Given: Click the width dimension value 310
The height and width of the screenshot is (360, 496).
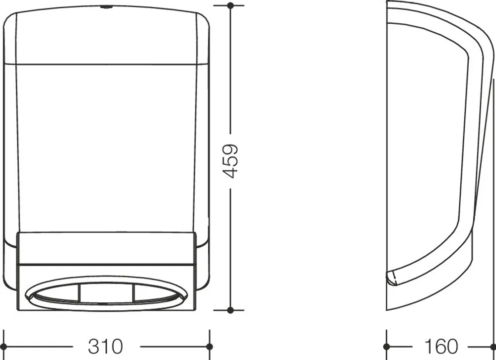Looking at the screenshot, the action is pos(105,347).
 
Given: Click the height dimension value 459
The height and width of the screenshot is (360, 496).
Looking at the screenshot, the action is pos(230,161).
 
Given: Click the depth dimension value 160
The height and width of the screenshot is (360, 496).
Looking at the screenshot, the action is pos(441,347).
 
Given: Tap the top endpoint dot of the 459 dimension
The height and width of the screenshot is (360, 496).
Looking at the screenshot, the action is pos(230,5).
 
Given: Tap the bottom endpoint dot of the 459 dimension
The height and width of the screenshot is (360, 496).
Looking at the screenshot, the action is pos(230,310).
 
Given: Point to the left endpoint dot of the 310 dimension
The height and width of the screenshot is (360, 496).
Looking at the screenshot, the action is pos(4,347).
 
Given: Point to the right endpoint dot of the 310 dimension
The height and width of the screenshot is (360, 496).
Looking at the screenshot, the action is pos(210,347).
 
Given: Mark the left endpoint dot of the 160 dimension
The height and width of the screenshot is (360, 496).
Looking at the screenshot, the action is pos(386,347).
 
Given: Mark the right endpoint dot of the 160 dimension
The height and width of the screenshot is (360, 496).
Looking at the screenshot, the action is pos(493,347).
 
